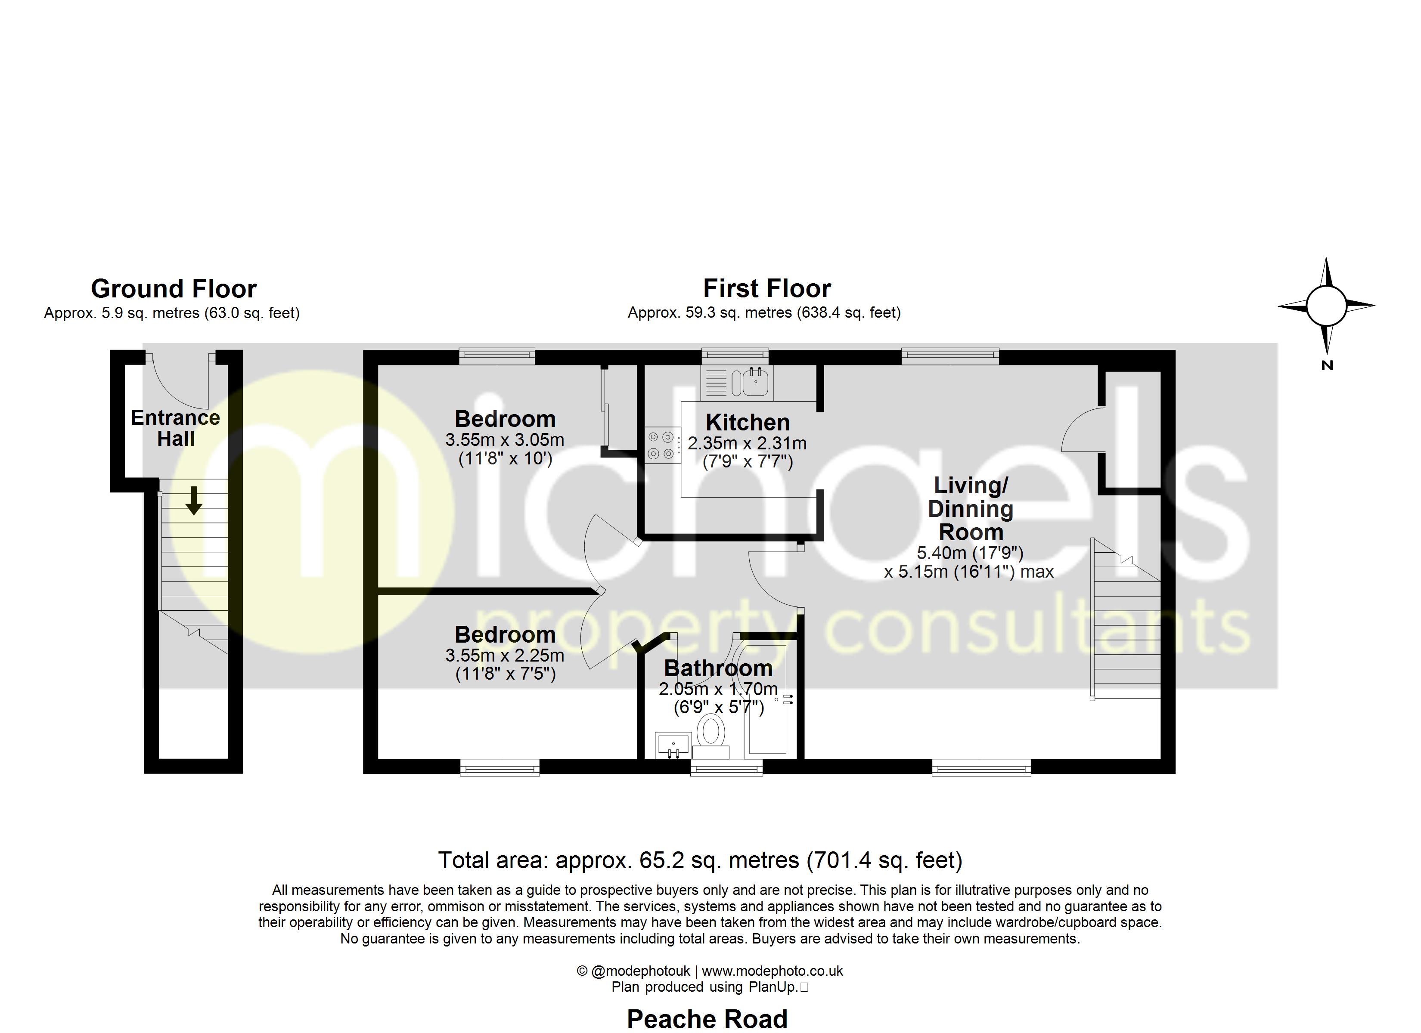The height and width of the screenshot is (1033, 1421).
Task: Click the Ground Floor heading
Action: [x=174, y=289]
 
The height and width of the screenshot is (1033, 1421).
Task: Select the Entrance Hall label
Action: [x=175, y=428]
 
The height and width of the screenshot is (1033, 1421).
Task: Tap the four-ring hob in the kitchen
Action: [x=662, y=445]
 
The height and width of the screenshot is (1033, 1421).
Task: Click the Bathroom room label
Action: [x=718, y=668]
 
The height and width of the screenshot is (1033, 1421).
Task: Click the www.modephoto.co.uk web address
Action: [x=772, y=971]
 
